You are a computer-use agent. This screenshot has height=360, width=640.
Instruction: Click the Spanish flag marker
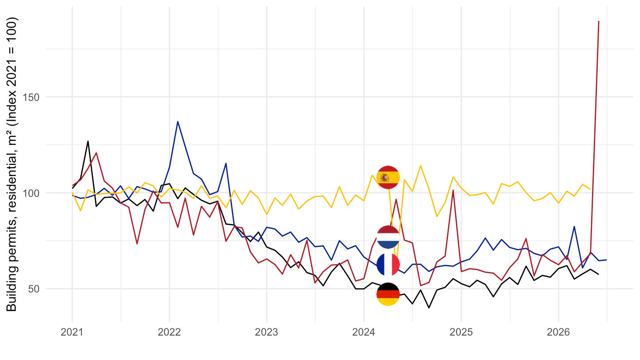click(388, 177)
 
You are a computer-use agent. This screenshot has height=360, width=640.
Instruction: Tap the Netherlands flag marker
click(388, 237)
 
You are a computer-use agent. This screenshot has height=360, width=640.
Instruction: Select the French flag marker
click(388, 264)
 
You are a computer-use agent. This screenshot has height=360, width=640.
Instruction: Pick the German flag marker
click(388, 294)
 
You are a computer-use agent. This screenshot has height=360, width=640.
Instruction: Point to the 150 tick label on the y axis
click(31, 97)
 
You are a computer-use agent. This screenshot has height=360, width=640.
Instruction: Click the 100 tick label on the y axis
click(31, 193)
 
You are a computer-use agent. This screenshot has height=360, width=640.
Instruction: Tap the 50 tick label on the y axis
click(34, 289)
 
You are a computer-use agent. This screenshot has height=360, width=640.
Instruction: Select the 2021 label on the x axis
click(72, 332)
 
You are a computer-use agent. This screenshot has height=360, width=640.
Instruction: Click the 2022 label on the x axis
click(169, 332)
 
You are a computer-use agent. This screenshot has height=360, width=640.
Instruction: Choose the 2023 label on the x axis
click(267, 332)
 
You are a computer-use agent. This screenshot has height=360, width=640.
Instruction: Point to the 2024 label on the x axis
click(364, 332)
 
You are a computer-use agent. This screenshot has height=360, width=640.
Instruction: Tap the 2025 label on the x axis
click(461, 332)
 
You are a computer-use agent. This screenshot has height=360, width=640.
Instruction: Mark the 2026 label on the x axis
click(558, 332)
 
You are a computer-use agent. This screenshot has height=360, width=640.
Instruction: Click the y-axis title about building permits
click(12, 164)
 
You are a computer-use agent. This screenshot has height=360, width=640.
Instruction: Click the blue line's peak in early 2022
click(177, 121)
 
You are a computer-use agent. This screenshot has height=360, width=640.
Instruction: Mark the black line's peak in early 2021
click(88, 141)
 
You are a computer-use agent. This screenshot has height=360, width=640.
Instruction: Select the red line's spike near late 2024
click(453, 190)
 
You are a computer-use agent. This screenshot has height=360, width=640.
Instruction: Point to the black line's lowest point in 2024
click(429, 308)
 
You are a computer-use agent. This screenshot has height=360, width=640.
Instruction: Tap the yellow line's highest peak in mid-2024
click(420, 165)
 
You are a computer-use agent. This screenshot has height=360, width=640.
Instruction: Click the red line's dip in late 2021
click(137, 244)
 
